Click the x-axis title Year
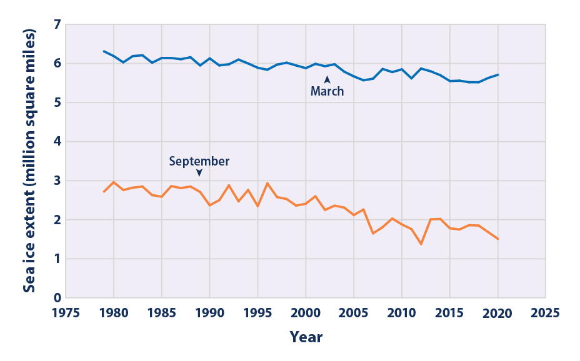306,338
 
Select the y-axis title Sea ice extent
29,161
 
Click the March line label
327,91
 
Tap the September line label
199,161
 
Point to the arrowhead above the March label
327,79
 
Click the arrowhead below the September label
199,173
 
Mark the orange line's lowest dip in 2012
421,244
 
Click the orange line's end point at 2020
497,239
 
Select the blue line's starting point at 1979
104,51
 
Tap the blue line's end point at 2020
497,74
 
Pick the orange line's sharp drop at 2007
373,234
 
